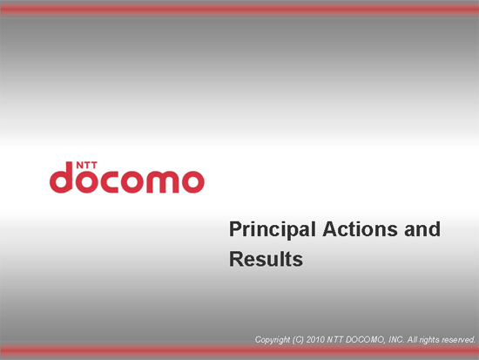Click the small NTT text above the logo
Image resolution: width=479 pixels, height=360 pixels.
click(x=86, y=165)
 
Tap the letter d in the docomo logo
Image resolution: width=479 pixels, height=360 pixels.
click(x=61, y=178)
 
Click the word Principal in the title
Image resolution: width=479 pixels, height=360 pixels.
click(x=273, y=230)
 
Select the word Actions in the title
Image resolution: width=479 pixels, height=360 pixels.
click(x=361, y=229)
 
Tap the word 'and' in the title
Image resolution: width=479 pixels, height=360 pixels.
click(x=422, y=229)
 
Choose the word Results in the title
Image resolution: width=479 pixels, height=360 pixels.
click(x=266, y=259)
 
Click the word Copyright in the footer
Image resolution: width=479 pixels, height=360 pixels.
click(x=273, y=340)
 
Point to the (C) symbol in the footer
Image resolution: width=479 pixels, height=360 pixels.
click(x=298, y=340)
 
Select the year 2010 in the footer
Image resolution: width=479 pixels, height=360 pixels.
click(x=315, y=340)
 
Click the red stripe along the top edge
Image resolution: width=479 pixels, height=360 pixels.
click(x=239, y=10)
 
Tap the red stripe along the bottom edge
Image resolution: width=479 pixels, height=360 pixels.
click(x=239, y=351)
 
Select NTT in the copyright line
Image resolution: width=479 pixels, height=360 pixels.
click(x=335, y=340)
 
